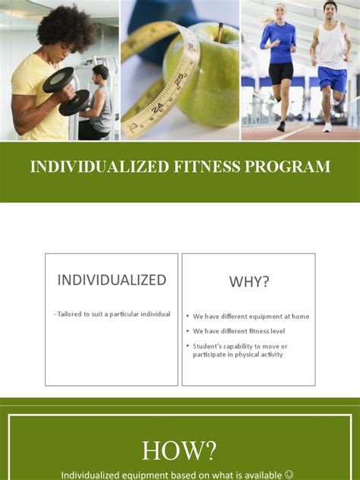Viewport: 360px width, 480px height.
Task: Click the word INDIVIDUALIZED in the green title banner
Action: (84, 167)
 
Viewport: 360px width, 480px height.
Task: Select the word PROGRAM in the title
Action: (281, 167)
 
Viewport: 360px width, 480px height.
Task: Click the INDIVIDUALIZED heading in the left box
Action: (112, 279)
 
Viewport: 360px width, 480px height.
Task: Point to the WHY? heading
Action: (249, 282)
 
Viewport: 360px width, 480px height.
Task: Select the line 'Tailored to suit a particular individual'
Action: (112, 314)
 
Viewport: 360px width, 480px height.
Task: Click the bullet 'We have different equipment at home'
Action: (251, 317)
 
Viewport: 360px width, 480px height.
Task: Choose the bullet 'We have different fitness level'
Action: (239, 331)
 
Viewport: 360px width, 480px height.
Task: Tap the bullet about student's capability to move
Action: (240, 350)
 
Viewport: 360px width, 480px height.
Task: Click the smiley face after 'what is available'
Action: (289, 475)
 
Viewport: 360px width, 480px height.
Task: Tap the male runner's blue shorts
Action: (332, 79)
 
